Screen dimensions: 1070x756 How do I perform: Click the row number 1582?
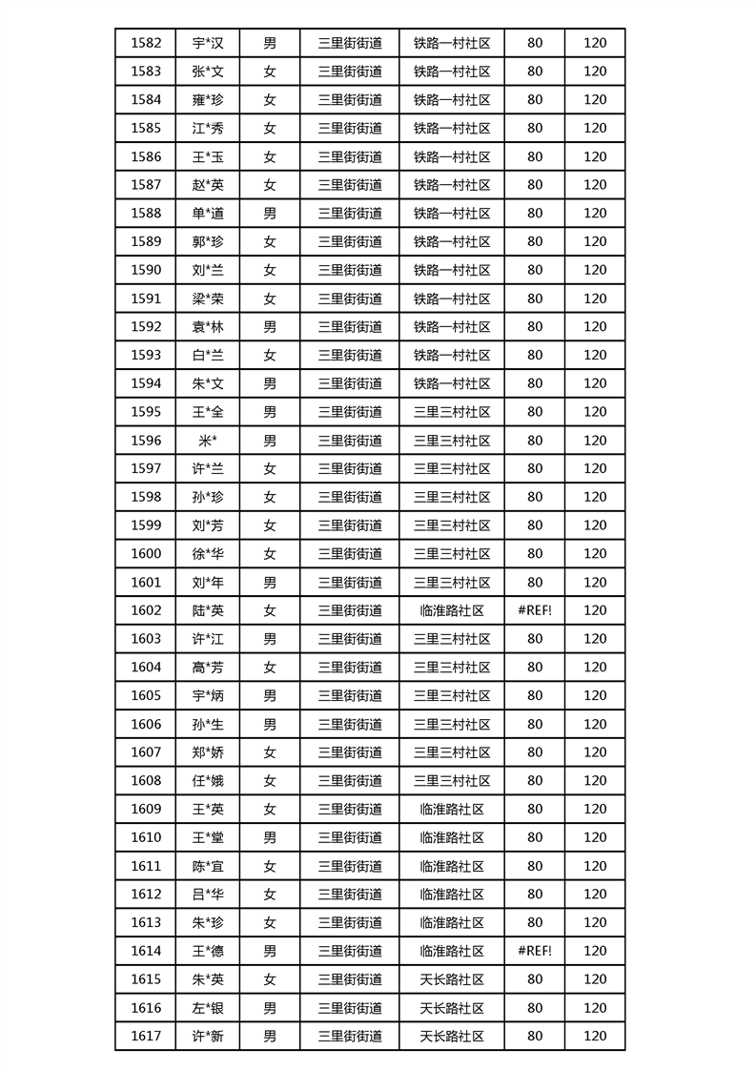pos(146,43)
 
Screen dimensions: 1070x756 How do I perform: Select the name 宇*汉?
pos(208,43)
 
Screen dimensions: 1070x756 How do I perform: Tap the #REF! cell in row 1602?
pos(535,610)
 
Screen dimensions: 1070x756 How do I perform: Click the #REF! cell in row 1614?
pos(535,951)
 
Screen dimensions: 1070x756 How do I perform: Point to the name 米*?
pos(208,441)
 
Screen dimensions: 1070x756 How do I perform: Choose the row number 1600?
pos(146,554)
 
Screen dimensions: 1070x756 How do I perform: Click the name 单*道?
pos(208,214)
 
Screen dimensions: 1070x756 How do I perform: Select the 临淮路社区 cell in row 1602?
pos(452,610)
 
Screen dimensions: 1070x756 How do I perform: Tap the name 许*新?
pos(208,1037)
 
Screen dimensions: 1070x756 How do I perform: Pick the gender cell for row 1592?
pos(270,327)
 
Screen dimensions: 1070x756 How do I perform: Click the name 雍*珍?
pos(208,99)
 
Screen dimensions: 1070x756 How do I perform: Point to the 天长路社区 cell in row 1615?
pos(452,979)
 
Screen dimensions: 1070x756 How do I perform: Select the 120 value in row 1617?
pos(595,1037)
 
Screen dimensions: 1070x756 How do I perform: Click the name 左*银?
pos(208,1008)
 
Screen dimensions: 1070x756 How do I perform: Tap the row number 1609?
pos(146,810)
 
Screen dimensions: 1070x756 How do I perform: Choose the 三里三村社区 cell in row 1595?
pos(452,412)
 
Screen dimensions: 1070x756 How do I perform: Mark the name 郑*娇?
pos(208,752)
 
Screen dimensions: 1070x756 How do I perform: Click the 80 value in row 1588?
pos(535,214)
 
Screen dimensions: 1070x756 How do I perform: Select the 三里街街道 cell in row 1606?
pos(350,724)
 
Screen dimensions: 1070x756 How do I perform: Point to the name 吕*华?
pos(208,895)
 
